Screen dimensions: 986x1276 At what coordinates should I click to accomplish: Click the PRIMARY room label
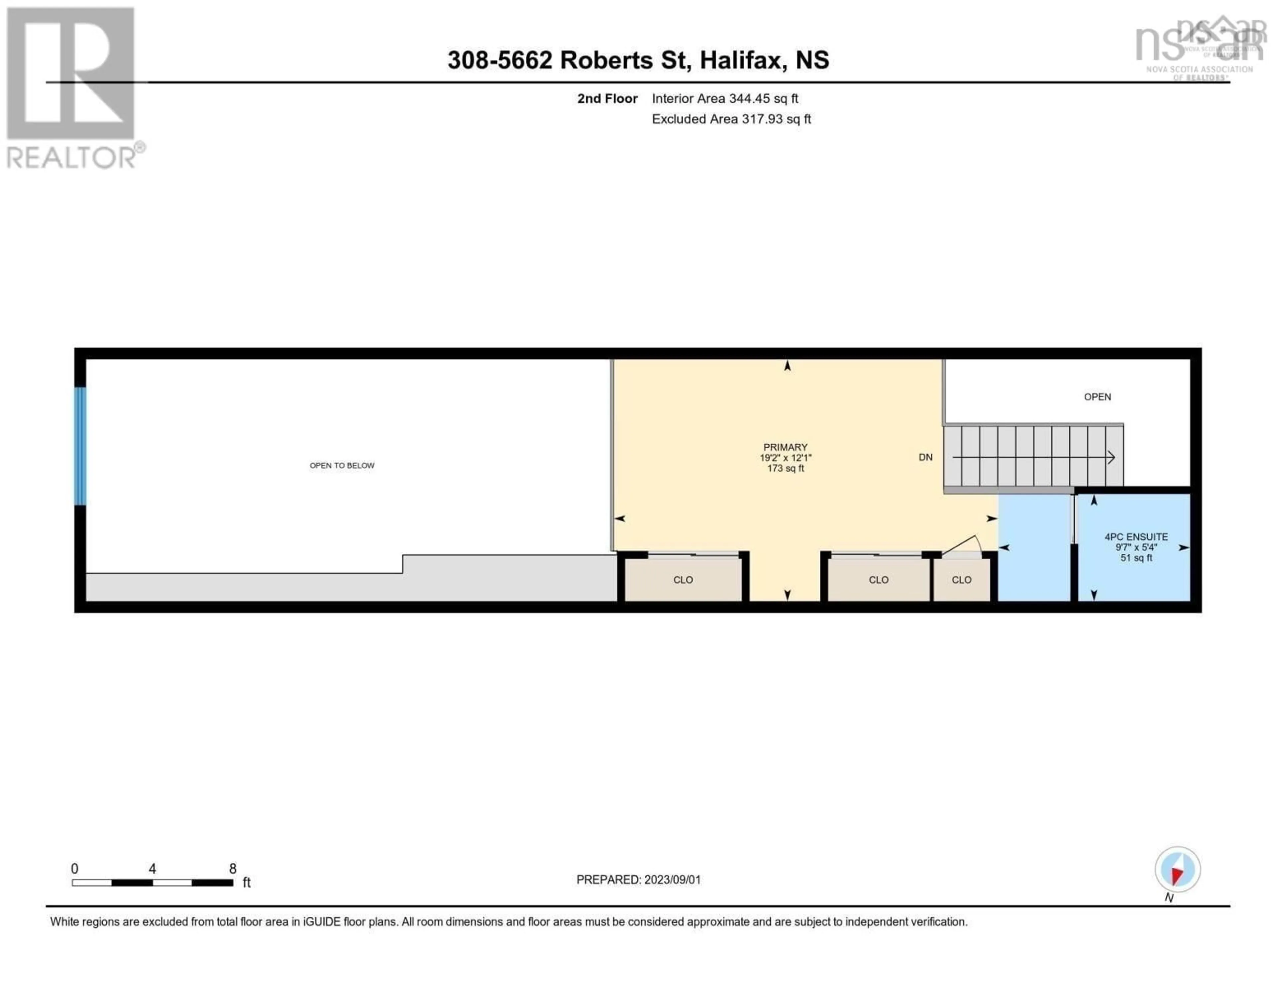tap(785, 447)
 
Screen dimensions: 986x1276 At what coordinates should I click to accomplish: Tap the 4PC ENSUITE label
tap(1136, 537)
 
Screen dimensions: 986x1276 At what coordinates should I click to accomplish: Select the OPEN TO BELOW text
tap(342, 465)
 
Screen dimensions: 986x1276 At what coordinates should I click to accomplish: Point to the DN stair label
tap(925, 457)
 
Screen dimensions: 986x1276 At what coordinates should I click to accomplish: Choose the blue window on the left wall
tap(80, 446)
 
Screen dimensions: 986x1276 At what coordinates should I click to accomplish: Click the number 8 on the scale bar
tap(233, 868)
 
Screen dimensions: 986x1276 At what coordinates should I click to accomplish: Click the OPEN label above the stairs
tap(1097, 397)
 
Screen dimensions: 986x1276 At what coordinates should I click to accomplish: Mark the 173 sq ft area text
tap(785, 468)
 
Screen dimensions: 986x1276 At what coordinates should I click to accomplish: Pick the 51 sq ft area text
tap(1136, 558)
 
